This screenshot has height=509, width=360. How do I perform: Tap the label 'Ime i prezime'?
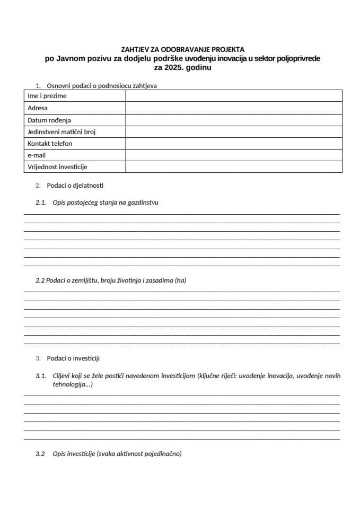click(47, 96)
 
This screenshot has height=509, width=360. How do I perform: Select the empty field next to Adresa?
click(233, 108)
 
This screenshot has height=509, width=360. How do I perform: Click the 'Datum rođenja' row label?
click(49, 120)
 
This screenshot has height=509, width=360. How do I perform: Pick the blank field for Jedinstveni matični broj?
click(233, 132)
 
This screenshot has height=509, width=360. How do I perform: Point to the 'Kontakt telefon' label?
click(50, 144)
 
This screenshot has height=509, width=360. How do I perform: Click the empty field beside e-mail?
click(233, 155)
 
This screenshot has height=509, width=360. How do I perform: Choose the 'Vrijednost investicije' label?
click(57, 167)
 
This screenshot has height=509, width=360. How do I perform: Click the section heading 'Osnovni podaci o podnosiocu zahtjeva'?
click(101, 85)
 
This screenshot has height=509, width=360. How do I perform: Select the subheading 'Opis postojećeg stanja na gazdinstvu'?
click(106, 203)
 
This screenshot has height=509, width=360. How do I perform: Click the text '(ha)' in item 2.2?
click(180, 280)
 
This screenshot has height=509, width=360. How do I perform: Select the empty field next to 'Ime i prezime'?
click(233, 96)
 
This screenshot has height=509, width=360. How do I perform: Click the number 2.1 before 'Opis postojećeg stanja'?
click(41, 203)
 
